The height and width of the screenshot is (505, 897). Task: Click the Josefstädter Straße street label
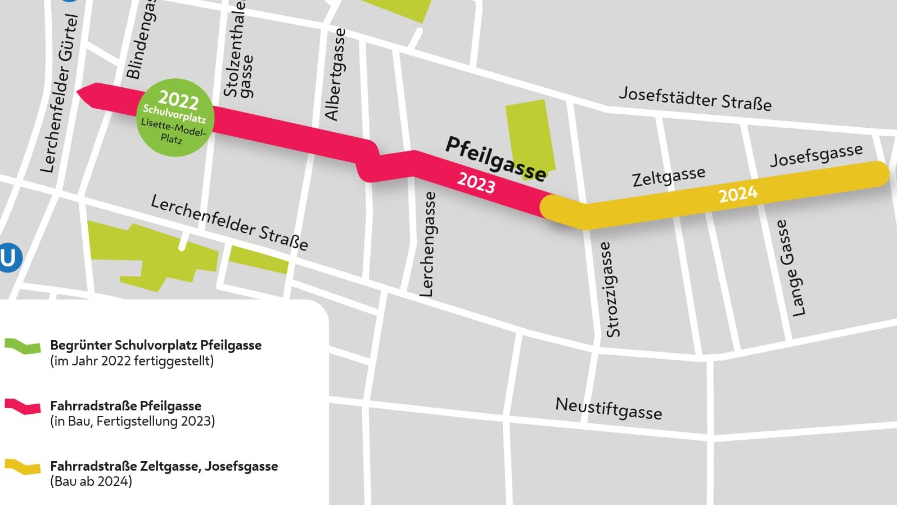(x=695, y=99)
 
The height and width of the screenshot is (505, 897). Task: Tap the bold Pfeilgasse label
(x=495, y=159)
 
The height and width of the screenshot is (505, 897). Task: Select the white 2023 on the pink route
(x=476, y=182)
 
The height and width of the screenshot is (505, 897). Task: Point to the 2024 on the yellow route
(x=738, y=195)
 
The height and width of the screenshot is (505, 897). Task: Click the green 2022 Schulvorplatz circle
(x=175, y=117)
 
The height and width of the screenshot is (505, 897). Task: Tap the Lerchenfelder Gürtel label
(x=59, y=93)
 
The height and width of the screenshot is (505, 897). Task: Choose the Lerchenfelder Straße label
(x=229, y=222)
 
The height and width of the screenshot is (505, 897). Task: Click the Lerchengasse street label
(x=427, y=244)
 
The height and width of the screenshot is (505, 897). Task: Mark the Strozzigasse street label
(x=610, y=289)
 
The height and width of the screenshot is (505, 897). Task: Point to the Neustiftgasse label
(x=608, y=408)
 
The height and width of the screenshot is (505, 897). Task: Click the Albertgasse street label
(x=335, y=74)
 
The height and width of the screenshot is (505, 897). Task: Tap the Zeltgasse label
(x=668, y=177)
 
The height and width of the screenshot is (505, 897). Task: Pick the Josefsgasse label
(x=816, y=155)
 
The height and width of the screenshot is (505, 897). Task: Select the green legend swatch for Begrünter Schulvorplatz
(x=22, y=346)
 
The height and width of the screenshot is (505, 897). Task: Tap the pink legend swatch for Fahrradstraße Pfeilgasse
(x=22, y=406)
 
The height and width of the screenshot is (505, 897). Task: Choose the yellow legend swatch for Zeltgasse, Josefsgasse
(x=22, y=466)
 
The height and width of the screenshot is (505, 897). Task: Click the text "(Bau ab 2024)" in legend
(x=91, y=481)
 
